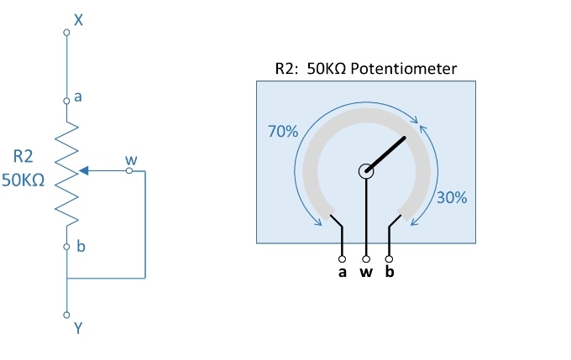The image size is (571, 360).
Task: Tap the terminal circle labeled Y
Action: (x=66, y=316)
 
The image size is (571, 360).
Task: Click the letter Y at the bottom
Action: (x=78, y=329)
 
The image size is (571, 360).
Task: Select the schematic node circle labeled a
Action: (x=66, y=100)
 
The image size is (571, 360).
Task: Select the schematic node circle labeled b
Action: (x=66, y=247)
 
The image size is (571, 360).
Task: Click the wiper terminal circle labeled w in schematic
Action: (x=128, y=170)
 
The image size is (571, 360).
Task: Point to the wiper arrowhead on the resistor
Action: (x=85, y=170)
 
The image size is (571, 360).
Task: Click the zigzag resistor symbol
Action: (x=67, y=172)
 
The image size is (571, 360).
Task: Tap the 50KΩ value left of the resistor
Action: (x=23, y=180)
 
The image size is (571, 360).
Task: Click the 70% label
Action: (x=281, y=132)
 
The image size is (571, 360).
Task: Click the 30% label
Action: (x=453, y=198)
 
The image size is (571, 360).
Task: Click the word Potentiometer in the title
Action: (x=404, y=68)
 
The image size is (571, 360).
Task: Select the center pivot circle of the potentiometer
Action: (x=366, y=172)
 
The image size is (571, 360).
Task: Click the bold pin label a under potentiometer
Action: (x=342, y=274)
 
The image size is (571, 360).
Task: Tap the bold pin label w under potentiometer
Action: (x=366, y=274)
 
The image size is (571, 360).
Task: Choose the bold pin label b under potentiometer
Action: (x=389, y=274)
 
